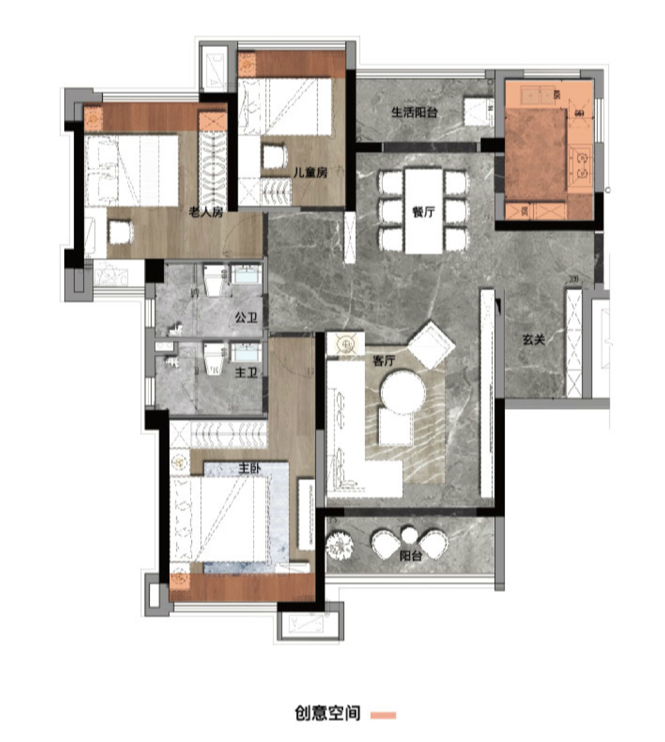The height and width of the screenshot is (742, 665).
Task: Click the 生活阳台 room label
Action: (x=414, y=112)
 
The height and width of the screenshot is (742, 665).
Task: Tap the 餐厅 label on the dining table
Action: (x=423, y=212)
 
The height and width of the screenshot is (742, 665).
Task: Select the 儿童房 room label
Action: (x=310, y=172)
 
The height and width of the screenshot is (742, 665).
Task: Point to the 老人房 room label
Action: (x=206, y=212)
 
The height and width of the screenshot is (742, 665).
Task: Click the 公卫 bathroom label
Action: (x=247, y=317)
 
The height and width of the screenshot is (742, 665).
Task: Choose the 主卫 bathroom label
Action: (x=247, y=373)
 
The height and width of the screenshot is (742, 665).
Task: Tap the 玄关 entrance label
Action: (x=534, y=339)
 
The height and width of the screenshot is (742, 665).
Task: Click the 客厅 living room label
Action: (x=383, y=361)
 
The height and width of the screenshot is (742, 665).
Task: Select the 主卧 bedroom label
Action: (x=249, y=468)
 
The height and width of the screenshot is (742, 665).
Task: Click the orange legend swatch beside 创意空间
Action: (x=383, y=714)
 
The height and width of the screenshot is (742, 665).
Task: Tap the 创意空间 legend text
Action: (x=327, y=713)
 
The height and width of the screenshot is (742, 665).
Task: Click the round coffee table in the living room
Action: (x=403, y=392)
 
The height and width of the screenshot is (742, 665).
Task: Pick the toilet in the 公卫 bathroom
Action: (x=214, y=280)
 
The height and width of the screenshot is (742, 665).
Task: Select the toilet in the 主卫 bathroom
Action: (x=214, y=358)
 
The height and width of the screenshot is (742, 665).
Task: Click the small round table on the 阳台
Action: (x=409, y=535)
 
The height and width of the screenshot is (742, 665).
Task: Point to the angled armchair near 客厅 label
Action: (x=431, y=345)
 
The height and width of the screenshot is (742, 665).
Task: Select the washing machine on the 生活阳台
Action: (x=479, y=112)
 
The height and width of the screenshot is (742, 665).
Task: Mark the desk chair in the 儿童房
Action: (x=275, y=157)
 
